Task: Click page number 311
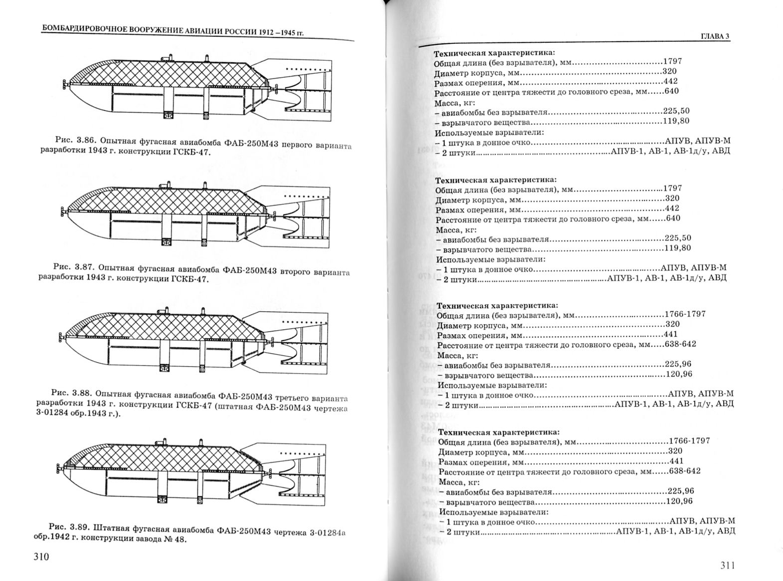728,565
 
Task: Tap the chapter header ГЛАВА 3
716,36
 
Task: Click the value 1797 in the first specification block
672,61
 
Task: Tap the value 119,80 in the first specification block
676,121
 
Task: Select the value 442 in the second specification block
672,208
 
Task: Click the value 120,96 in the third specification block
679,374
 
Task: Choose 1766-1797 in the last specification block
689,441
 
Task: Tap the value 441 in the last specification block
676,461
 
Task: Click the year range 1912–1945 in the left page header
277,32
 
